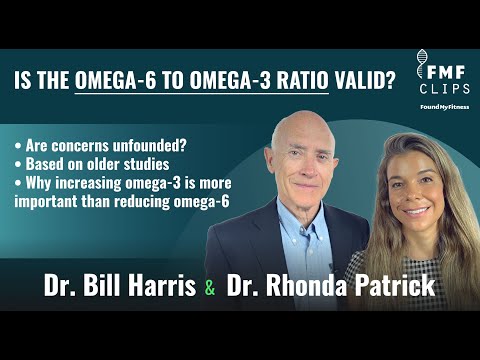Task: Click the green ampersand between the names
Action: tap(209, 289)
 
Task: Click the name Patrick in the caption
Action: tap(392, 287)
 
